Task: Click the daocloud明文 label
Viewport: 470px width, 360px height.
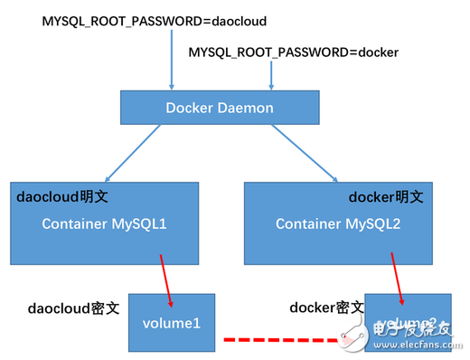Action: point(56,195)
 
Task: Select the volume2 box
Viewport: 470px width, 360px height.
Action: point(407,322)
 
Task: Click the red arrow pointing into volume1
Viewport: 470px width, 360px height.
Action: point(166,279)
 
